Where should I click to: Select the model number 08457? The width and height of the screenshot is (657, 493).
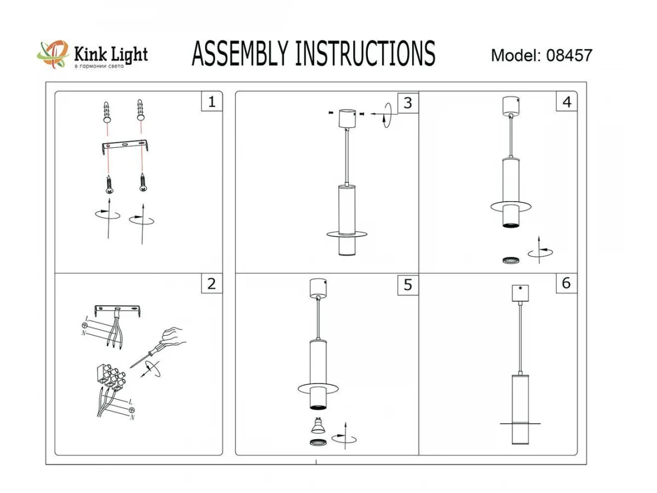pyautogui.click(x=569, y=55)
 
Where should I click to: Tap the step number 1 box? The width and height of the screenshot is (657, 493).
pyautogui.click(x=212, y=102)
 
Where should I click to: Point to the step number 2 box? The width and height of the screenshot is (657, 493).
pyautogui.click(x=211, y=283)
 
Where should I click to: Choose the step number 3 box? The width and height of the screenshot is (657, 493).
pyautogui.click(x=407, y=102)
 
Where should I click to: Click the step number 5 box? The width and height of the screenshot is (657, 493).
pyautogui.click(x=407, y=285)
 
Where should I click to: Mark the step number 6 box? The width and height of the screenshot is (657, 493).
pyautogui.click(x=566, y=283)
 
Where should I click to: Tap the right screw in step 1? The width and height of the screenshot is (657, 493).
pyautogui.click(x=143, y=182)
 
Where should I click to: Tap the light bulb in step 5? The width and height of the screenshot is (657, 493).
pyautogui.click(x=317, y=425)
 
